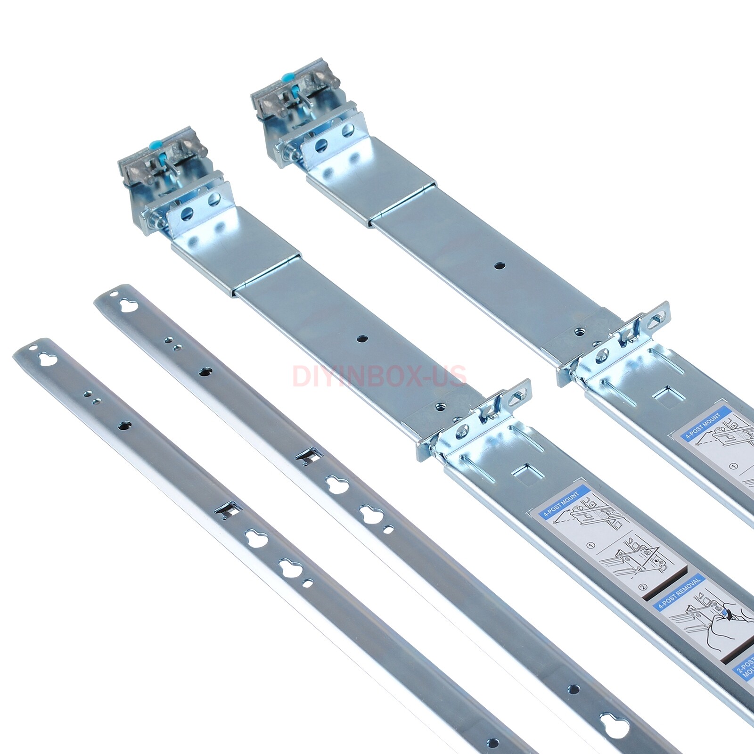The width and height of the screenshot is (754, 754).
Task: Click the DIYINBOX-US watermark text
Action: click(379, 376)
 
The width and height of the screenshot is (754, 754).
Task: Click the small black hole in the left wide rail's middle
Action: click(362, 338)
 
